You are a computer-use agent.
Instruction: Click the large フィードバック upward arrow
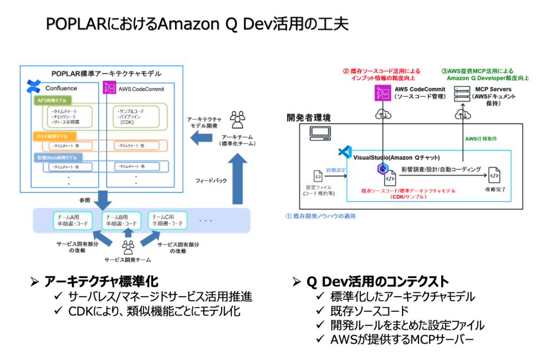237,180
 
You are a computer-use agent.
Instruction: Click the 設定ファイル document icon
318,176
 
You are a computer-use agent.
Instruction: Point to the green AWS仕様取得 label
480,139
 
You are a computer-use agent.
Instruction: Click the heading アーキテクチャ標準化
101,281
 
